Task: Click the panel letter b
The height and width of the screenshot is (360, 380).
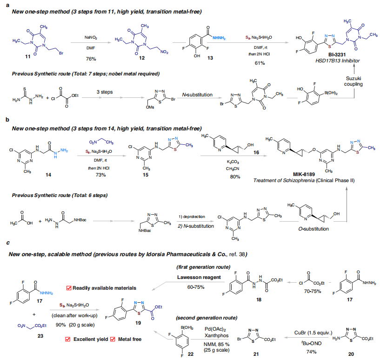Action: click(x=6, y=119)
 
